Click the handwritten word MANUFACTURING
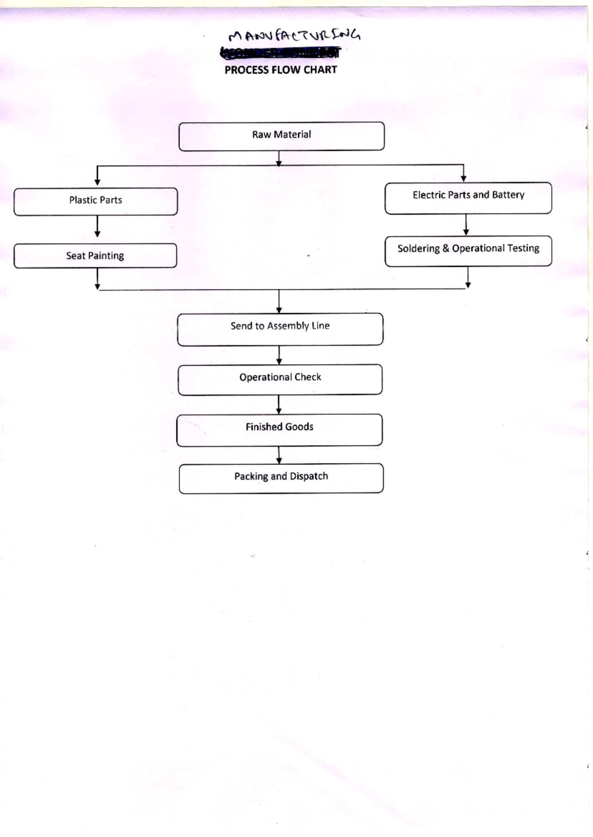[x=295, y=36]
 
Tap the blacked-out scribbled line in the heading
[x=280, y=52]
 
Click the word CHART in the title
[x=320, y=70]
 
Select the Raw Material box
[x=281, y=136]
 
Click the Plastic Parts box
[x=95, y=201]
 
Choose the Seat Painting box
[x=95, y=255]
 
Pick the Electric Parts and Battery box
[x=468, y=198]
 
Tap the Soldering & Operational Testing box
[x=468, y=251]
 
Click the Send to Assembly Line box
[x=280, y=329]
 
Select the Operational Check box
[x=280, y=379]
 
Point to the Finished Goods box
[x=279, y=430]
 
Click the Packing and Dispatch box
[x=281, y=478]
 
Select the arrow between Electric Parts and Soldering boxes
[x=466, y=225]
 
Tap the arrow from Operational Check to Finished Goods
[x=279, y=404]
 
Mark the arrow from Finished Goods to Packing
[x=279, y=455]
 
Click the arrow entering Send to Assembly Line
[x=279, y=301]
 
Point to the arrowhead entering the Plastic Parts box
[x=97, y=182]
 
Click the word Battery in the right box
[x=508, y=195]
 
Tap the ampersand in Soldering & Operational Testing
[x=446, y=249]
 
